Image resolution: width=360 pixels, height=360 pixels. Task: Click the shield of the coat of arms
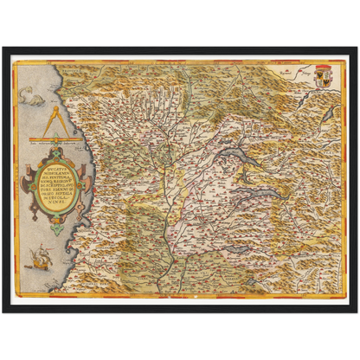(323, 74)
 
